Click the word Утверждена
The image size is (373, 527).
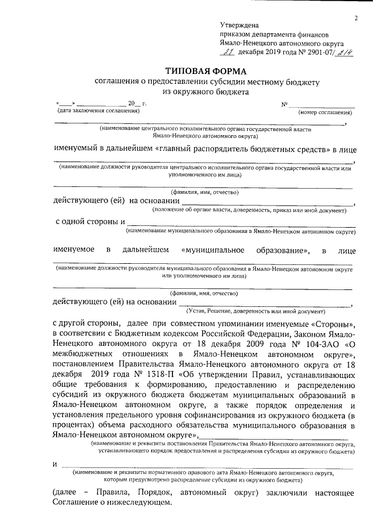tap(239, 25)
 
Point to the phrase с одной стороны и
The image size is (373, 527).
tap(90, 222)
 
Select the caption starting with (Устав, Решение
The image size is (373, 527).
tap(256, 311)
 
